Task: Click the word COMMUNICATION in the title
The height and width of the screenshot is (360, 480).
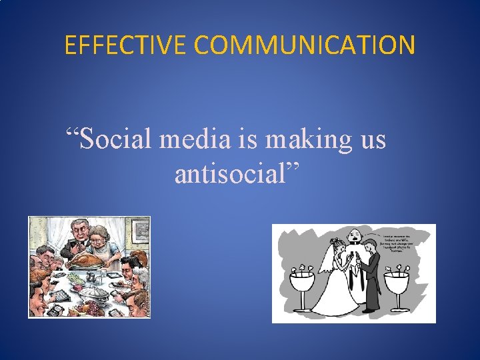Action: pyautogui.click(x=305, y=45)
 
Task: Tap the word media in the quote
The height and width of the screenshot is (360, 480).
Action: pyautogui.click(x=199, y=141)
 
